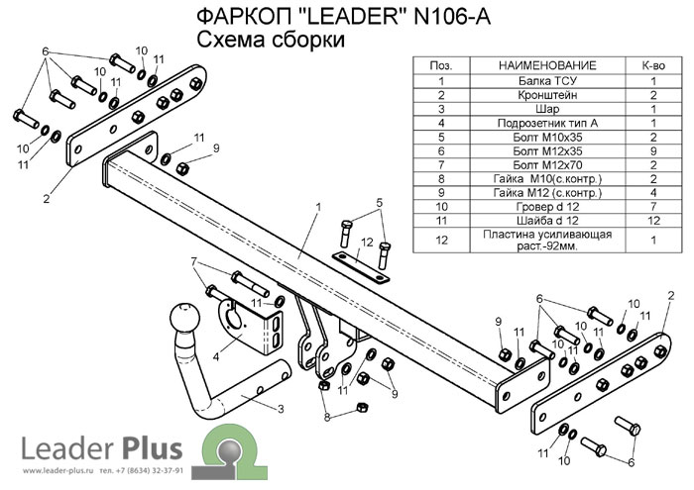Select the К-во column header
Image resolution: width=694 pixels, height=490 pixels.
point(653,65)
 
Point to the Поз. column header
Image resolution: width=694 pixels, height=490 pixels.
point(440,65)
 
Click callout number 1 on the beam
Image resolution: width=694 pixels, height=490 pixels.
point(318,207)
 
